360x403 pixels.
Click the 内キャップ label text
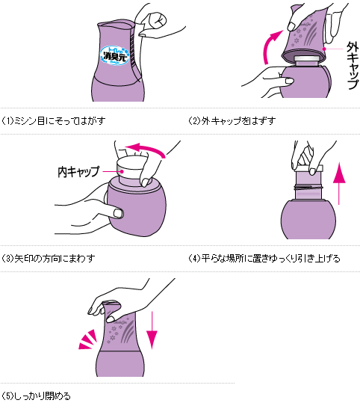(78, 171)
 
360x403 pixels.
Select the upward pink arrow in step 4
(338, 182)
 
